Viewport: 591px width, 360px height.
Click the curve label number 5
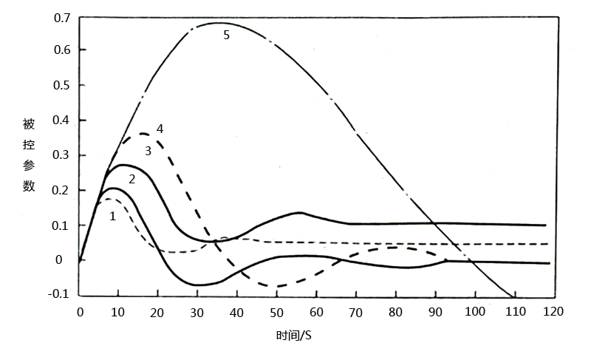[227, 34]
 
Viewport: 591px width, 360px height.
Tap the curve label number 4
[160, 129]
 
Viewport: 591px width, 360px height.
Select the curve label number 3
[148, 151]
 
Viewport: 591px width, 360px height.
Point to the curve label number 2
[131, 179]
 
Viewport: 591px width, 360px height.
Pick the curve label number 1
[112, 217]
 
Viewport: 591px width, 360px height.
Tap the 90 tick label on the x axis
[435, 312]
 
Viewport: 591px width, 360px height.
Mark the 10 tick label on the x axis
[119, 312]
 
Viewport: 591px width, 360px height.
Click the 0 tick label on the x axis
[80, 312]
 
